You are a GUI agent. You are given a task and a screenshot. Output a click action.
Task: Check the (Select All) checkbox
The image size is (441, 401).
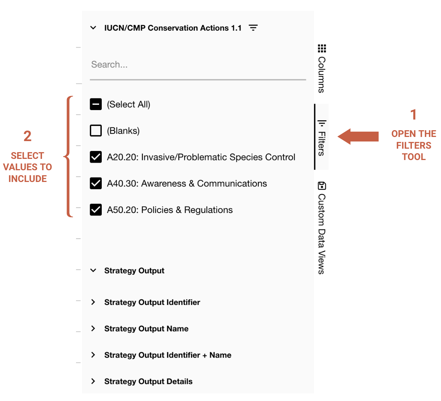click(x=96, y=104)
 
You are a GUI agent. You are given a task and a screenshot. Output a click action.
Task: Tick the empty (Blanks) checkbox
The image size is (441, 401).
click(x=96, y=131)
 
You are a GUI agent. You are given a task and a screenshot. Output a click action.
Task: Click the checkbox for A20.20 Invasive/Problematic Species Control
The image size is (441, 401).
click(x=96, y=157)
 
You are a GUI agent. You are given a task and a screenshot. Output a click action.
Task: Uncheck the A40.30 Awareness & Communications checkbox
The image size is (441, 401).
click(x=96, y=183)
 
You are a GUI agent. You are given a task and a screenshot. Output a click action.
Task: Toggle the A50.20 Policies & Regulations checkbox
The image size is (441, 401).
click(x=96, y=210)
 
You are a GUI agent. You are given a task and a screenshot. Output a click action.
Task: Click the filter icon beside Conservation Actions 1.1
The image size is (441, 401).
click(x=253, y=28)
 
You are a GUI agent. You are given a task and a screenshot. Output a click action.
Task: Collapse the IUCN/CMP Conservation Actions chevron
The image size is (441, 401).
click(x=93, y=28)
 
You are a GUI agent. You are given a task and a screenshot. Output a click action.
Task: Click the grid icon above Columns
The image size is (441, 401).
click(x=322, y=48)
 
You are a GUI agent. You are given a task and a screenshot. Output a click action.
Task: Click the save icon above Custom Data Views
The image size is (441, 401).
click(x=322, y=186)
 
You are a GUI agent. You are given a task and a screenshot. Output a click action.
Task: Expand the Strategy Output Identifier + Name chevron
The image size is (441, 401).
click(x=93, y=355)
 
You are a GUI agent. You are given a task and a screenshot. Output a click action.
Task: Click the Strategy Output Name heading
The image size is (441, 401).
click(x=146, y=329)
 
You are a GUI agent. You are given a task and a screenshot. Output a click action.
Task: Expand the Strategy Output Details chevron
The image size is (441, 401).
click(x=93, y=381)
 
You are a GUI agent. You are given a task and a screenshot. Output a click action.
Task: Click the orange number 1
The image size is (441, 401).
click(x=413, y=115)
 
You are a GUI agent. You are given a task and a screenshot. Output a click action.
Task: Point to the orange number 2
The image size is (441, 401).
click(x=27, y=136)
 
